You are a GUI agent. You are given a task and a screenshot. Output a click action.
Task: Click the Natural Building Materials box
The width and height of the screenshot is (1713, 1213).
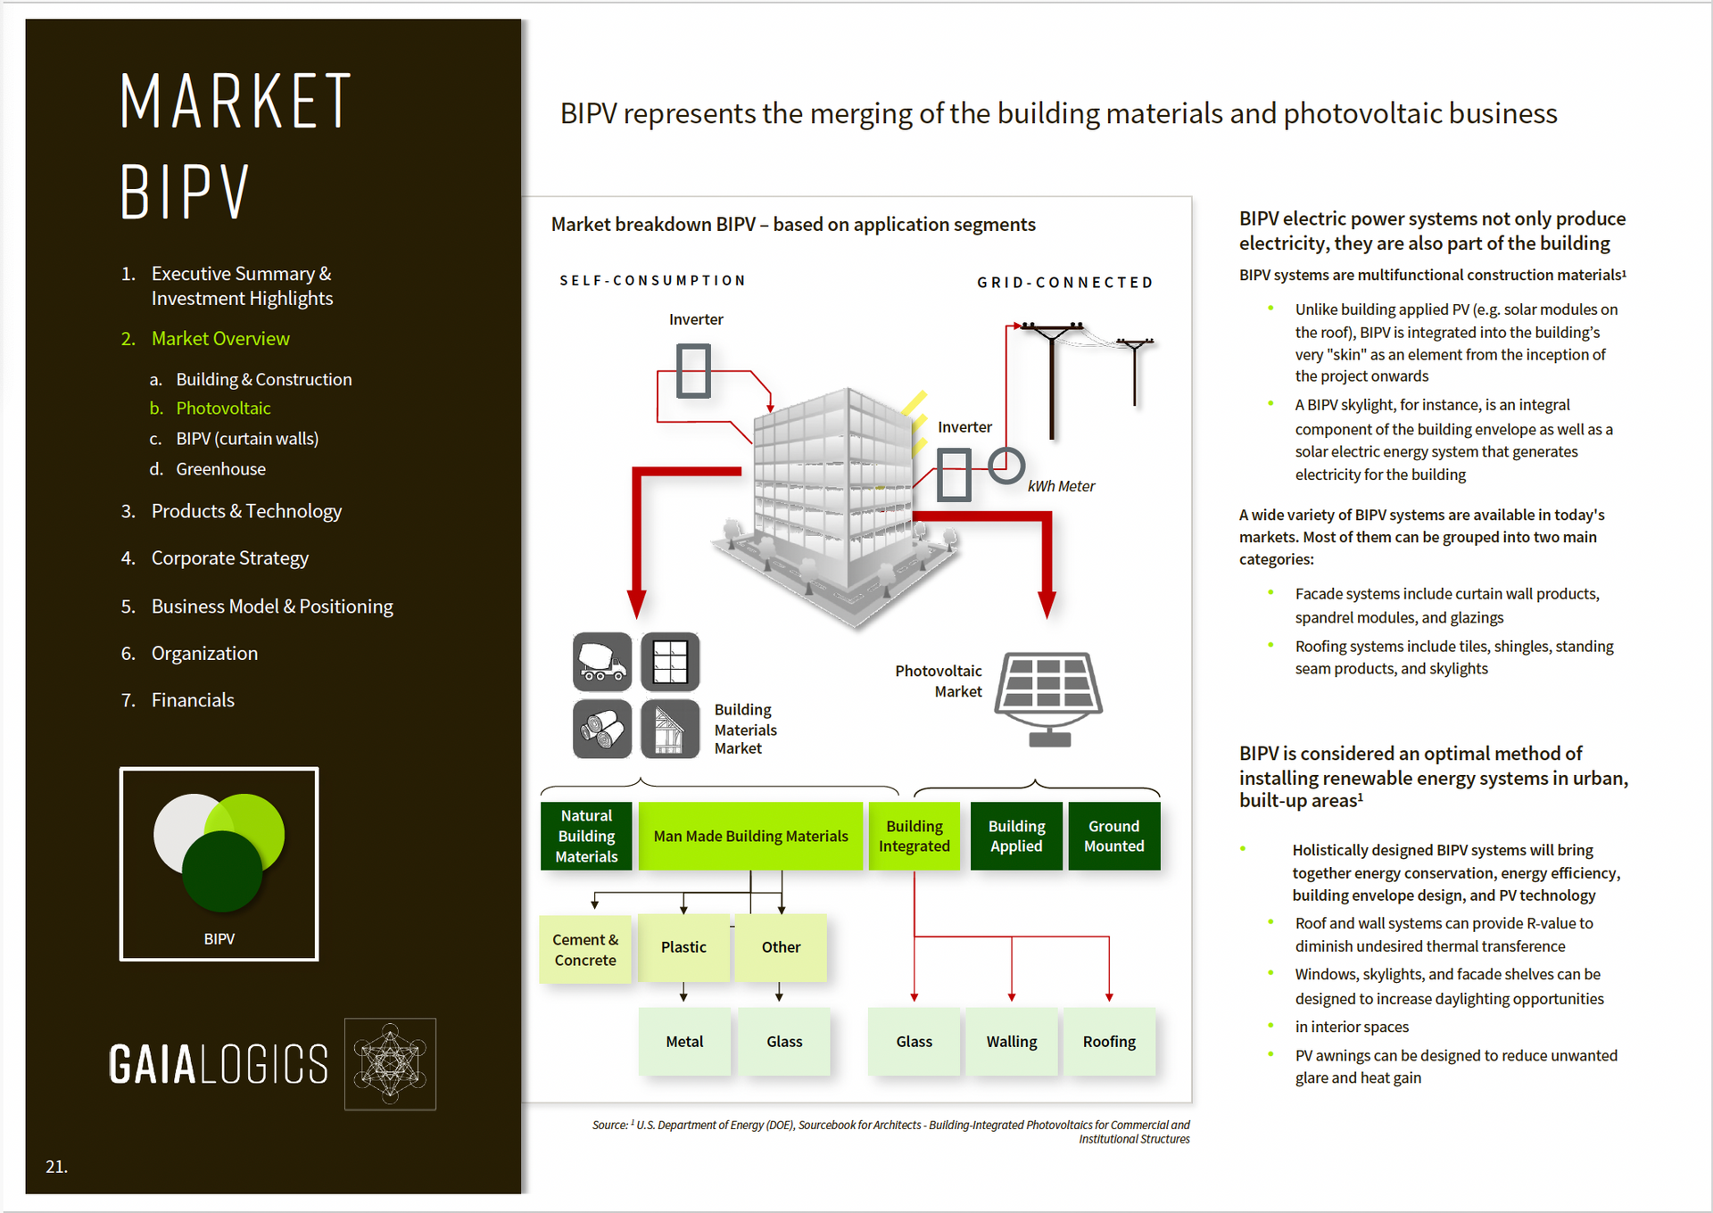(586, 836)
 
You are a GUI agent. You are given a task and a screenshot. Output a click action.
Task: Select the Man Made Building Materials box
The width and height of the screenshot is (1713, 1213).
(750, 836)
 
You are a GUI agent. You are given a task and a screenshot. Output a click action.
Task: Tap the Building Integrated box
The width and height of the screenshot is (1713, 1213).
(914, 836)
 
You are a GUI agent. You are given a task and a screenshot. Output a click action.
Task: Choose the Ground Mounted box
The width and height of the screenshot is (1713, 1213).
(1113, 836)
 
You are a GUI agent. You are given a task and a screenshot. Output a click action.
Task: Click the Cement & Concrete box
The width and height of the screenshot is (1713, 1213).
(585, 949)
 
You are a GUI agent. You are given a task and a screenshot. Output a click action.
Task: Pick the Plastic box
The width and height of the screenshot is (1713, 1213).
(683, 947)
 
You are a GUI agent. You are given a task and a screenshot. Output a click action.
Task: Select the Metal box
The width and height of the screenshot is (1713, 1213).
(684, 1041)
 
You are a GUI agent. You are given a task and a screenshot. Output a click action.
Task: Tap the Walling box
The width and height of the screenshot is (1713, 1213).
(1012, 1041)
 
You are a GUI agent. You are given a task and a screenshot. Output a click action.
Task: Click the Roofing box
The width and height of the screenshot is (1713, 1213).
(1109, 1041)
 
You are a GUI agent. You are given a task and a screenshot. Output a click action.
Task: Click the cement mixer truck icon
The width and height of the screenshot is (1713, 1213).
(602, 662)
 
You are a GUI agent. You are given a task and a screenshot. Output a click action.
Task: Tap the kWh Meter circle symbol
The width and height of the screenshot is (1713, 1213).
(1006, 465)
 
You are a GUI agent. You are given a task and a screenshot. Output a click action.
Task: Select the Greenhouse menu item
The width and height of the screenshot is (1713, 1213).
(220, 469)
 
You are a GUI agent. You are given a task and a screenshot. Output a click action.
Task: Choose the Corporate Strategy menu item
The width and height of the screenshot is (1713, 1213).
(229, 558)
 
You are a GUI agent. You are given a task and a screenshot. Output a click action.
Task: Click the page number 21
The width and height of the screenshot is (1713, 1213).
(56, 1167)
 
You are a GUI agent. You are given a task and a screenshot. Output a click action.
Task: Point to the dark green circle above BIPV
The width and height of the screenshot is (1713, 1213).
(222, 871)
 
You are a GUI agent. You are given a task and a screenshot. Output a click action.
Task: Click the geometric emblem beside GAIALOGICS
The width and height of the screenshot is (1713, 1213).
(390, 1064)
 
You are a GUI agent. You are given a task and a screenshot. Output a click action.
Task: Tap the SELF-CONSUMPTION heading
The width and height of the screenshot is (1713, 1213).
(652, 281)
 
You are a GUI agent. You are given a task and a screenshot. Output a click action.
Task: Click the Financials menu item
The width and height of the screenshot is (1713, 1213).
(193, 700)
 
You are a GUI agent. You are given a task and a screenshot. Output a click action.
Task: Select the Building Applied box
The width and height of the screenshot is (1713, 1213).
(1016, 836)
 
